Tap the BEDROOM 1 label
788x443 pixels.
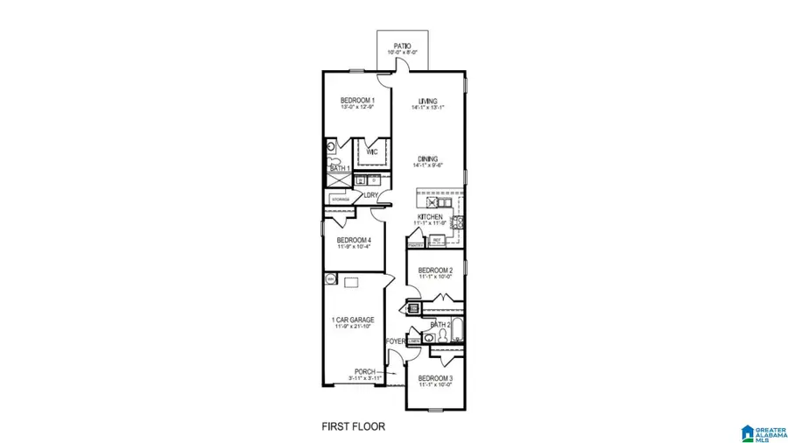[357, 100]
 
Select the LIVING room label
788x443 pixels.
[427, 101]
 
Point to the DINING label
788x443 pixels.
[427, 158]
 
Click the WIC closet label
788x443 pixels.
[371, 151]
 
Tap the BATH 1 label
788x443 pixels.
[340, 167]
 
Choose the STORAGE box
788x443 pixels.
[341, 199]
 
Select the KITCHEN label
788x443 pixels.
[429, 216]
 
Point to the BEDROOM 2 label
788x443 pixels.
[434, 270]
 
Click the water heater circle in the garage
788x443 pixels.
[331, 278]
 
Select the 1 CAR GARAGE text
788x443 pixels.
[353, 320]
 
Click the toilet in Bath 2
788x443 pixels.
[430, 339]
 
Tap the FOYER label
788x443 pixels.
[396, 341]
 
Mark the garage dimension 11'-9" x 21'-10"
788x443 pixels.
[353, 327]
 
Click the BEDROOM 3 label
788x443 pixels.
[435, 377]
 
